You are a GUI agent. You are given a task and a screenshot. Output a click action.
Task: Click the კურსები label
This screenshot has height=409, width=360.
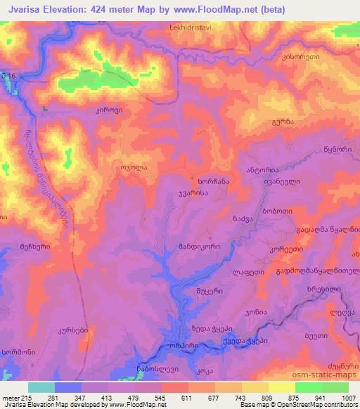(x=72, y=329)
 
